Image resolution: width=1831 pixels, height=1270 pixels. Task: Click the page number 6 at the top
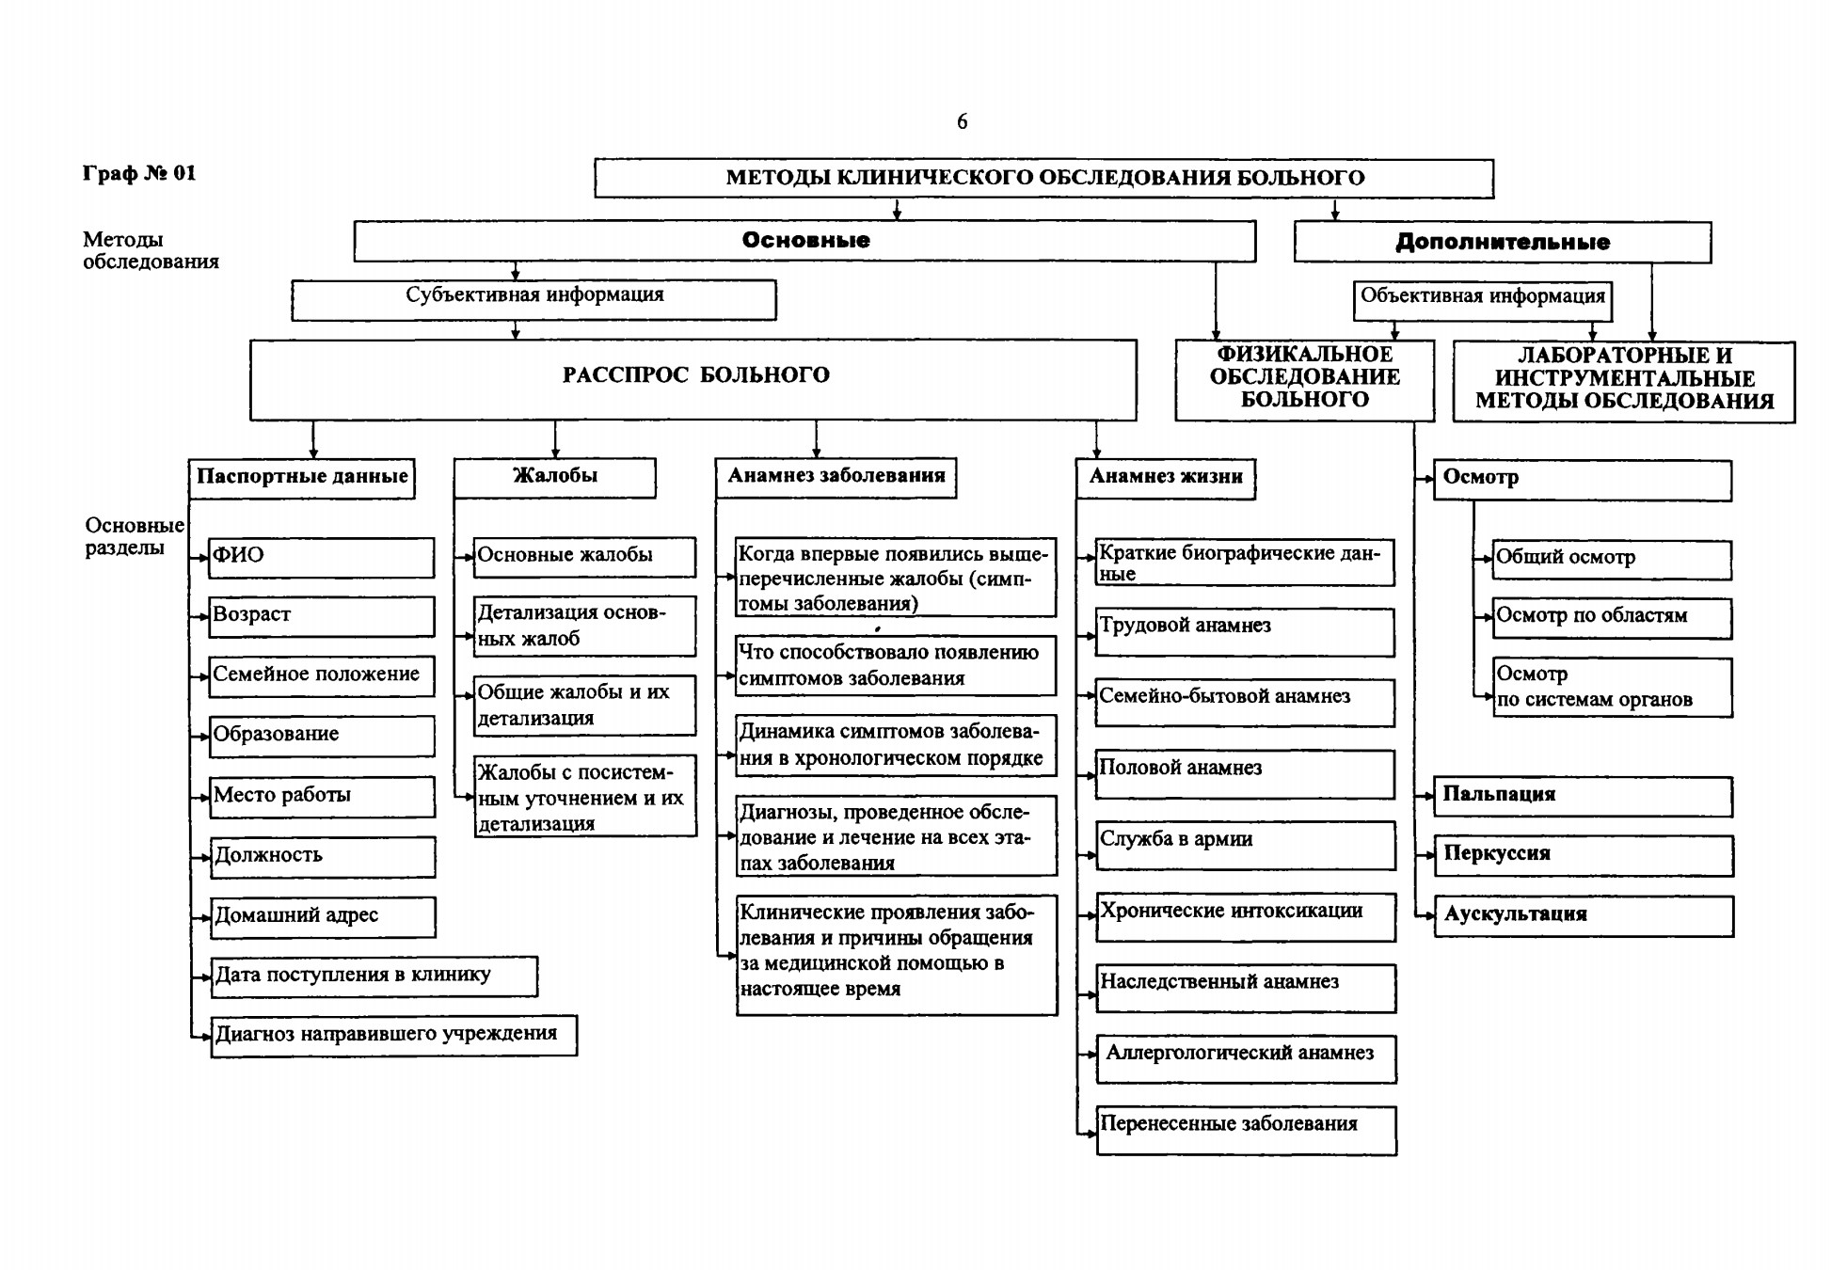[962, 121]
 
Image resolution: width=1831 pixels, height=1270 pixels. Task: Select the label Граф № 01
[139, 173]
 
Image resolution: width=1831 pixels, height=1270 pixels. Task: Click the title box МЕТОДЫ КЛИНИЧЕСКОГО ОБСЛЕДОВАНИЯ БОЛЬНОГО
[1043, 178]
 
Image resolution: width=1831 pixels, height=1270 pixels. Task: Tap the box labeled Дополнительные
[1502, 242]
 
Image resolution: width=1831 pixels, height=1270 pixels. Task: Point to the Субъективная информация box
[533, 299]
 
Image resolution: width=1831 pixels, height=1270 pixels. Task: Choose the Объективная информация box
[1482, 300]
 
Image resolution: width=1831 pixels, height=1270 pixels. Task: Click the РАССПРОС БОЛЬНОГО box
[693, 379]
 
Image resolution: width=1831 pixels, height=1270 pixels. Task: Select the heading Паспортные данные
[302, 478]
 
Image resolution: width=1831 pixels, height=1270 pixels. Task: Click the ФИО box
[321, 557]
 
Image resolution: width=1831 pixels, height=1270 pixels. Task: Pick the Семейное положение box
[321, 675]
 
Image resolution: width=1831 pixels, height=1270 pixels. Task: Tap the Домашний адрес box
[323, 916]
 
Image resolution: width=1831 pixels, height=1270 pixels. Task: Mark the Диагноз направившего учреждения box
[393, 1036]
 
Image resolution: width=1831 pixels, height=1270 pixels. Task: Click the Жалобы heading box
[555, 478]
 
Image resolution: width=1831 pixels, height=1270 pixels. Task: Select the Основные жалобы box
[584, 557]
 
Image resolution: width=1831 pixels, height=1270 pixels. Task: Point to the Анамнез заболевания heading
[836, 478]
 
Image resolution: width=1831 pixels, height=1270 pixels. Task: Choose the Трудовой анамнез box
[1245, 632]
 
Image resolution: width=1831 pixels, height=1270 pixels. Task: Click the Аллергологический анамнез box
[1246, 1059]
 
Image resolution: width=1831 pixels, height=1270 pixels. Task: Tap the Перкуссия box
[1584, 856]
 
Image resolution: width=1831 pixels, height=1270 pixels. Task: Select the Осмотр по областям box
[1613, 618]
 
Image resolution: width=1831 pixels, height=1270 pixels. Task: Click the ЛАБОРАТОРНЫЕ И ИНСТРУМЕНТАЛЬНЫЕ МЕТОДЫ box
[1624, 381]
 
